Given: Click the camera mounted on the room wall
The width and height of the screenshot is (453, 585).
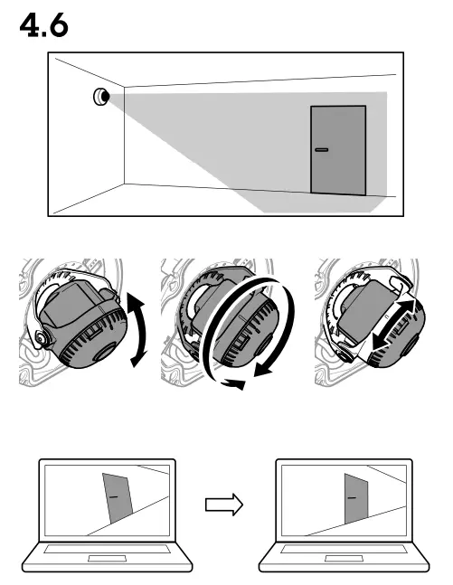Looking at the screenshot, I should [x=99, y=96].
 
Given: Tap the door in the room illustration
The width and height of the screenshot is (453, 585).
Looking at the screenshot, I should [x=338, y=150].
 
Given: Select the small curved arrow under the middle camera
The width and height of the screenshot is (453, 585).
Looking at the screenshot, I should [x=234, y=383].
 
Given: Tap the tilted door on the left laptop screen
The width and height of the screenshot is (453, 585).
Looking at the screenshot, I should [x=114, y=497].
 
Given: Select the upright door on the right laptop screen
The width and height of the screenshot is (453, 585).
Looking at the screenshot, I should [x=354, y=498].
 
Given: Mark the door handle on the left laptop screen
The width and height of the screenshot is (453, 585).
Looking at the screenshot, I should [x=112, y=496].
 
